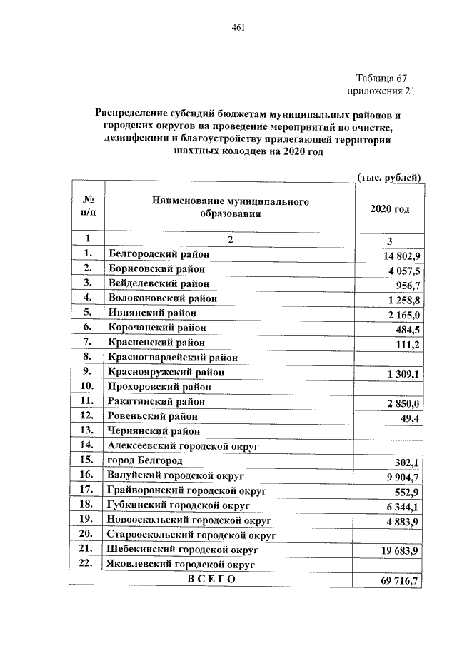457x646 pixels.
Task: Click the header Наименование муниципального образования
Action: click(230, 208)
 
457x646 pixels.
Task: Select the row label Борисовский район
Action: click(156, 269)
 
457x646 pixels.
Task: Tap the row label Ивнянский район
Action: click(151, 312)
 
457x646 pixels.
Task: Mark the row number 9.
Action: click(87, 371)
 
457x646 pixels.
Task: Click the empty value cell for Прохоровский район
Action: click(390, 386)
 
